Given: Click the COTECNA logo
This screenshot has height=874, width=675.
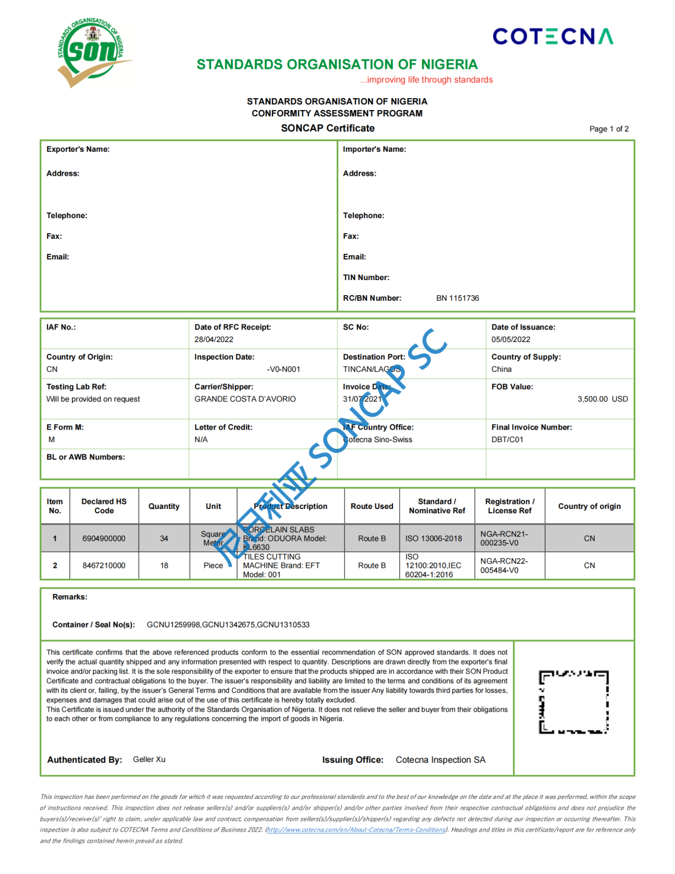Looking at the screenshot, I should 552,36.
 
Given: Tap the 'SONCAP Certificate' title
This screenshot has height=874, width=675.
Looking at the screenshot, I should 327,128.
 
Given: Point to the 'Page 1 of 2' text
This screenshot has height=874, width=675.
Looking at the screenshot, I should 609,129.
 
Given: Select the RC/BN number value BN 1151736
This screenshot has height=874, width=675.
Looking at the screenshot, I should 457,298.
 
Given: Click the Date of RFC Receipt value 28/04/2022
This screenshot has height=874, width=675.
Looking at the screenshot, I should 214,339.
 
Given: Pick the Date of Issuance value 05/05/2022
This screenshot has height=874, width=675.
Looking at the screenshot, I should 511,339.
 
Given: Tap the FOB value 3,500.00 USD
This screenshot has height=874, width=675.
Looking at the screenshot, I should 602,399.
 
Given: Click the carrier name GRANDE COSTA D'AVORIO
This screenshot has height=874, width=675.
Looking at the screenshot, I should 245,399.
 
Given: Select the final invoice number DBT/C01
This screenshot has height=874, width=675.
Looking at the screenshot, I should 507,440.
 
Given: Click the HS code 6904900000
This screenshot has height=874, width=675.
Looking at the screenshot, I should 104,538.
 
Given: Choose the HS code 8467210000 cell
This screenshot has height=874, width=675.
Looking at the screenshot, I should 104,566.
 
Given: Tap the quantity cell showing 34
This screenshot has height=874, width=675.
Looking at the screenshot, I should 164,538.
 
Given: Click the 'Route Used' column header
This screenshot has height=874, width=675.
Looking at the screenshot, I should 372,506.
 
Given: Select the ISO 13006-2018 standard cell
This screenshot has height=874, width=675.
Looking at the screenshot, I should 434,538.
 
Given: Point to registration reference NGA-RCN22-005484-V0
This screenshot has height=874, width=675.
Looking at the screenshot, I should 504,566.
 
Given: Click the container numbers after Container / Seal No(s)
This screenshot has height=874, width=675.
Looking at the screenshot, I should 228,625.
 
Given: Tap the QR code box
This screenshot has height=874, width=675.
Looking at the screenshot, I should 574,702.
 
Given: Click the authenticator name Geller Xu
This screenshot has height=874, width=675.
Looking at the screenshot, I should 149,760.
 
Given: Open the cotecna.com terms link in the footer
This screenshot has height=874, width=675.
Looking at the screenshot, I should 356,830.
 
